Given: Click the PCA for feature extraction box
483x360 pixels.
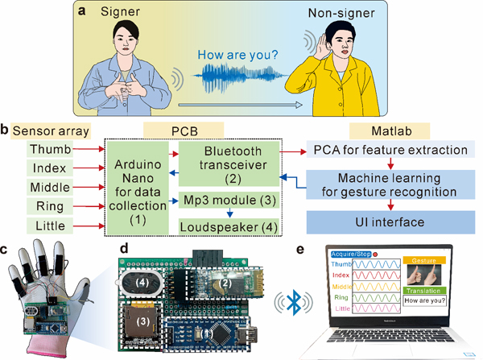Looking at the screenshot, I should [388, 150].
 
